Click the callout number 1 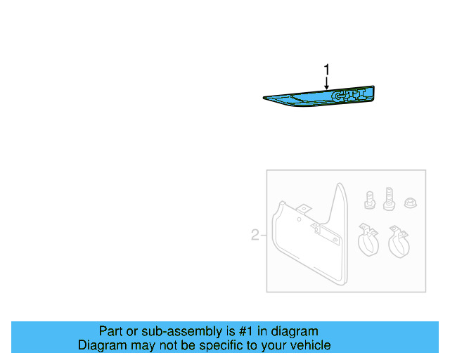coord(326,69)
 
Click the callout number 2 coord(255,235)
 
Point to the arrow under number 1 coord(326,82)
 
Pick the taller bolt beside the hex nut coord(389,198)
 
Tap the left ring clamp coord(366,241)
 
